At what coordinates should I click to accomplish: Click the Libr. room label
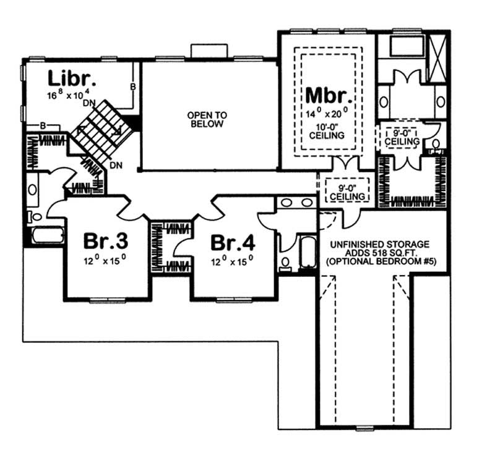click(x=72, y=79)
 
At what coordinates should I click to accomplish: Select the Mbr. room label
click(x=329, y=97)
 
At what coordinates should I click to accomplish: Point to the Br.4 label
click(x=233, y=241)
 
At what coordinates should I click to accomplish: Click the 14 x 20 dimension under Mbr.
click(x=328, y=113)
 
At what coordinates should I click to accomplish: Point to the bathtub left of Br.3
click(x=47, y=236)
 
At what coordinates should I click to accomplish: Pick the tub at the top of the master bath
click(x=400, y=47)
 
